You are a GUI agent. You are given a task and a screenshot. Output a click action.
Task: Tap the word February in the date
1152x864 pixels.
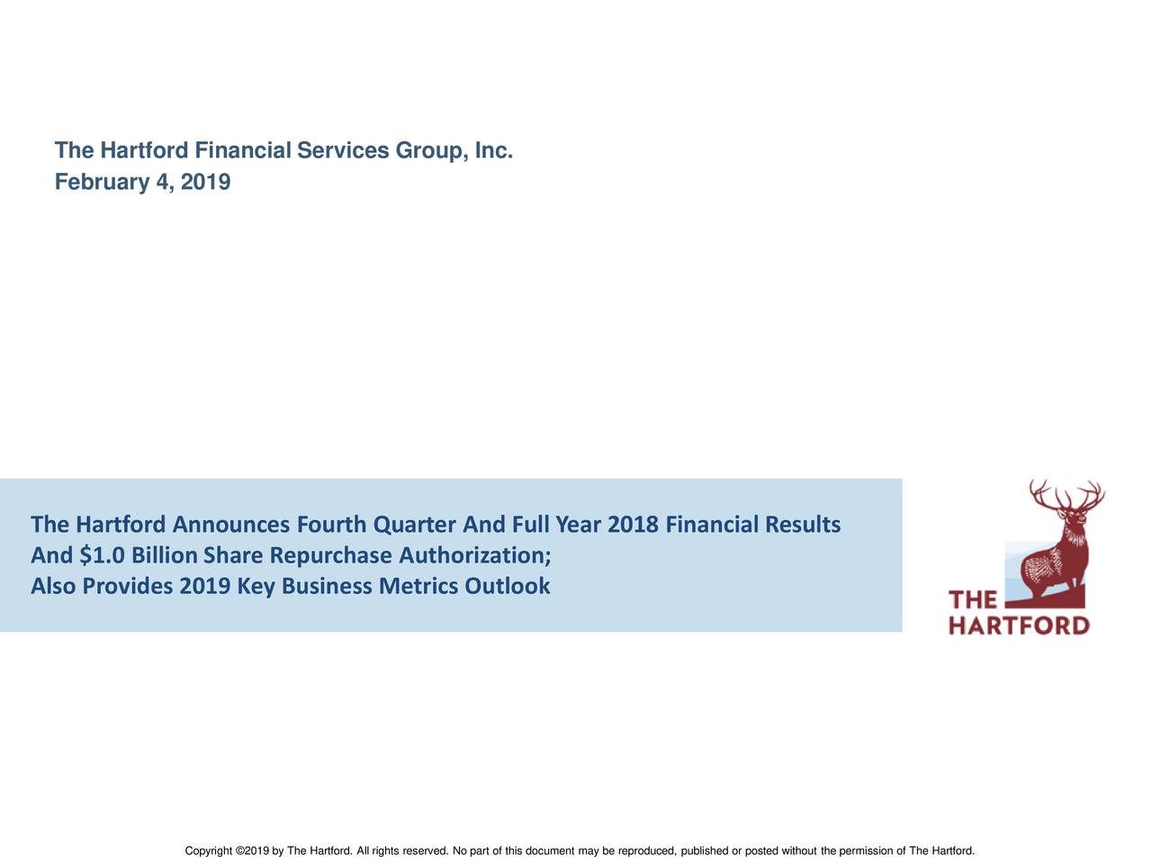tap(102, 183)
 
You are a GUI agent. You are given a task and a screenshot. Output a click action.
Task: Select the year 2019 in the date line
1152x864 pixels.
tap(205, 183)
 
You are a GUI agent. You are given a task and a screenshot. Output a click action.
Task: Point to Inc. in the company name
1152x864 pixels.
tap(494, 150)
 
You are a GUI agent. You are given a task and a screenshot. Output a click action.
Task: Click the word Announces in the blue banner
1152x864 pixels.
tap(231, 524)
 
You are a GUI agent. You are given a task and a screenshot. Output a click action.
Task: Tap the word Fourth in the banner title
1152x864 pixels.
tap(330, 524)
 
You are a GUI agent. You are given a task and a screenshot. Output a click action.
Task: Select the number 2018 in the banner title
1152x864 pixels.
tap(634, 524)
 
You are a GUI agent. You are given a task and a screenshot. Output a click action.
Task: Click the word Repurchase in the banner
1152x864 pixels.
tap(330, 556)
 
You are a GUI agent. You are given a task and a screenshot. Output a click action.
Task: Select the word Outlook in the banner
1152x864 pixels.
tap(507, 587)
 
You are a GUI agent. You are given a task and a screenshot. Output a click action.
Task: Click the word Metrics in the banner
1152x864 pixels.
tap(418, 587)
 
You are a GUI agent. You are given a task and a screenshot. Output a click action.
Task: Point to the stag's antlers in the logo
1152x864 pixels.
tap(1067, 494)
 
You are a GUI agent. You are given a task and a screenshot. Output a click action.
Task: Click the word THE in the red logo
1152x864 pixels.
tap(973, 600)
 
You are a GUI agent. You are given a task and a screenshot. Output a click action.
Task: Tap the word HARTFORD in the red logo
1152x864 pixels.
tap(1020, 625)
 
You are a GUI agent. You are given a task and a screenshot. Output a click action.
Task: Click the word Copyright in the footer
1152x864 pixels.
tap(208, 851)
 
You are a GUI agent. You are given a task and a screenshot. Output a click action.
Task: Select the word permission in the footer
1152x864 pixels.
tap(866, 851)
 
